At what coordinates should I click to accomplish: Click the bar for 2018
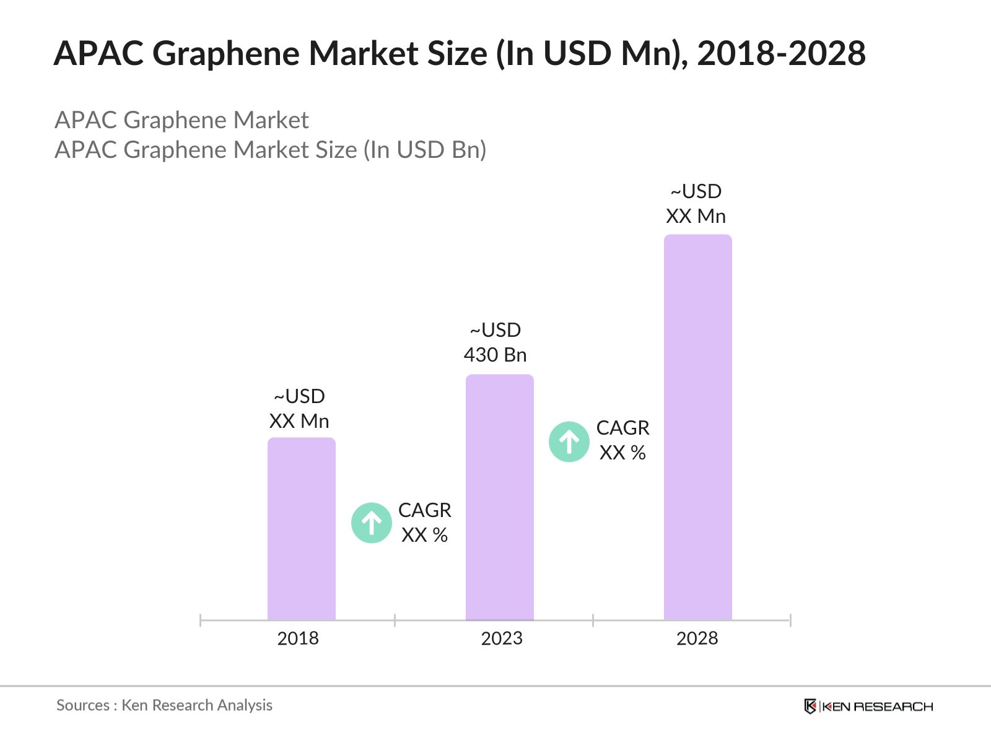point(302,529)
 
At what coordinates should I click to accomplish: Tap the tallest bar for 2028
point(698,427)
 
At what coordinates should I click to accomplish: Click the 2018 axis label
point(298,638)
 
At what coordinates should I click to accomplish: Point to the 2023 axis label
point(502,638)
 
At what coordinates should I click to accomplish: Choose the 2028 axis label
point(697,638)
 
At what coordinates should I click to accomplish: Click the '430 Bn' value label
point(495,355)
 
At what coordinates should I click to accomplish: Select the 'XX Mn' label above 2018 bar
point(299,421)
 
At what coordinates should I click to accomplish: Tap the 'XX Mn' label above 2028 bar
point(696,216)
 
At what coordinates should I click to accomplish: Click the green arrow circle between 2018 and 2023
point(372,523)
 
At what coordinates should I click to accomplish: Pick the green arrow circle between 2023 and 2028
point(569,442)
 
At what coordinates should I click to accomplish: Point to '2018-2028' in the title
point(781,53)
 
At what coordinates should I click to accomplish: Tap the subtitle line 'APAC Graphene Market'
point(181,120)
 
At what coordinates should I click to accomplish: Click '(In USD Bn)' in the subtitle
point(425,150)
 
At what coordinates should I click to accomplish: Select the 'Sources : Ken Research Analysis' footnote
point(164,705)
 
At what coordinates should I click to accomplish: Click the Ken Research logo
point(868,706)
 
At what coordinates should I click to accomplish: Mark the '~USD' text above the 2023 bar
point(495,330)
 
